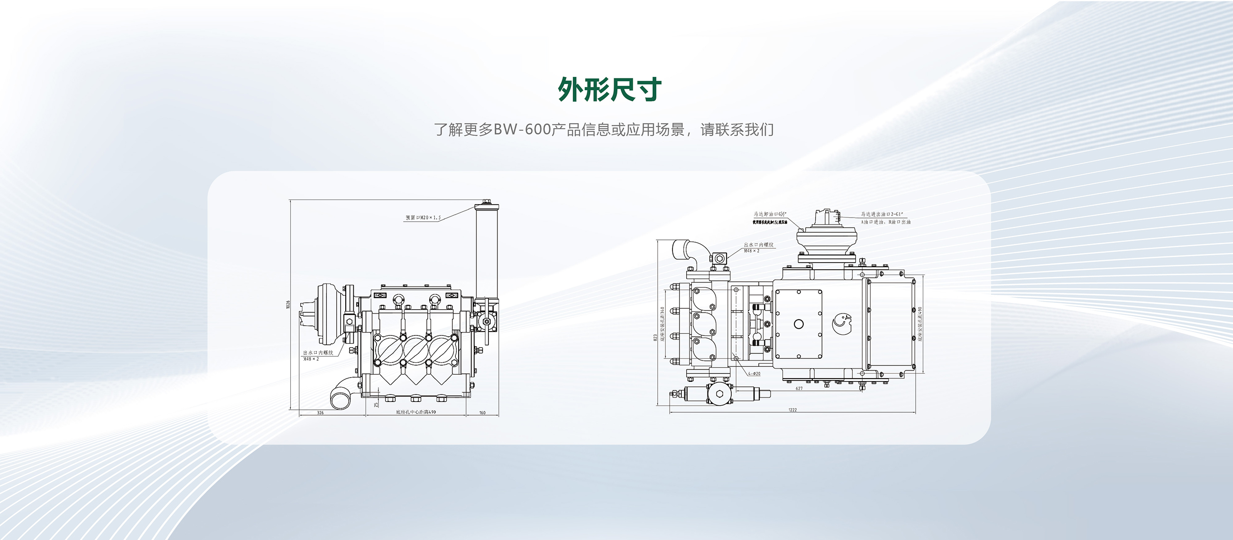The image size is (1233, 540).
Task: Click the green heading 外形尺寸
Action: point(610,90)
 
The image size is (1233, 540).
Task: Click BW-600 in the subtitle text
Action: point(522,130)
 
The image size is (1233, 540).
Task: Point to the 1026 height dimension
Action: point(288,304)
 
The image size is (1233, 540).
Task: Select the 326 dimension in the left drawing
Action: point(320,413)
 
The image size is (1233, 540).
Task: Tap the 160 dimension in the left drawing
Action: point(482,413)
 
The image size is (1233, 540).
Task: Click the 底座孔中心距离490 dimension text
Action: point(416,412)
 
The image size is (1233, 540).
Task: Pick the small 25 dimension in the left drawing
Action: point(376,404)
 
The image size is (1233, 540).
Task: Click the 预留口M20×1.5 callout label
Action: point(423,218)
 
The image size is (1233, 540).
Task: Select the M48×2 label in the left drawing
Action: point(311,359)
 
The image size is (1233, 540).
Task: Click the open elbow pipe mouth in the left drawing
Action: point(340,398)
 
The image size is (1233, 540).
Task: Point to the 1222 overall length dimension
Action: point(792,410)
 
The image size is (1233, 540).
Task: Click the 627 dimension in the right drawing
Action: point(799,388)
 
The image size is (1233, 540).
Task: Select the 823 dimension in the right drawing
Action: point(655,337)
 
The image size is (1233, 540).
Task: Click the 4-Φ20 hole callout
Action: point(754,374)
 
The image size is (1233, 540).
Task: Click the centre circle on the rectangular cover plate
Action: point(799,324)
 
